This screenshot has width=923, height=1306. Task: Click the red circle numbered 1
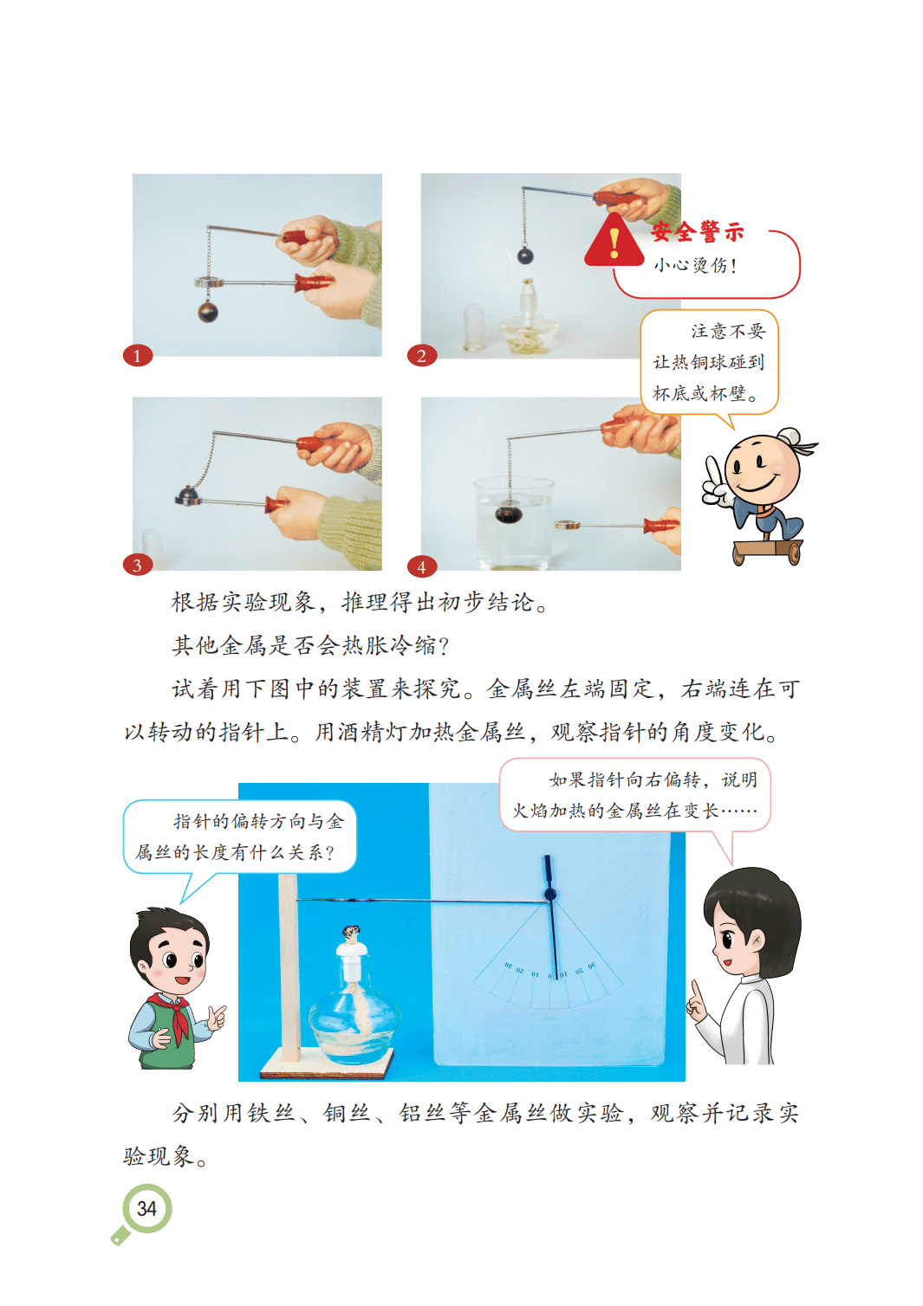pyautogui.click(x=138, y=356)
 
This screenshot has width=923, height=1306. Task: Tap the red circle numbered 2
pyautogui.click(x=422, y=356)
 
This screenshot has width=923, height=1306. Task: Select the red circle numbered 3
pyautogui.click(x=138, y=565)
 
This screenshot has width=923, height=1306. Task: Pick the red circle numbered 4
pyautogui.click(x=422, y=566)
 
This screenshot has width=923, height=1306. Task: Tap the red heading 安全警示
pyautogui.click(x=698, y=231)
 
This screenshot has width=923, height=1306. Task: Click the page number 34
pyautogui.click(x=146, y=1208)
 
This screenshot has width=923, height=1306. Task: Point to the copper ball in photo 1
pyautogui.click(x=208, y=311)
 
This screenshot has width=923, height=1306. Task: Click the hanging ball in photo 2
pyautogui.click(x=525, y=255)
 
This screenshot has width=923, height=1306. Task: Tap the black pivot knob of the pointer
pyautogui.click(x=549, y=894)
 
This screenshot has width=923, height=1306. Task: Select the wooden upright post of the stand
pyautogui.click(x=289, y=968)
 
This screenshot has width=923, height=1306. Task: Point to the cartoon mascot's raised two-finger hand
pyautogui.click(x=715, y=481)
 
